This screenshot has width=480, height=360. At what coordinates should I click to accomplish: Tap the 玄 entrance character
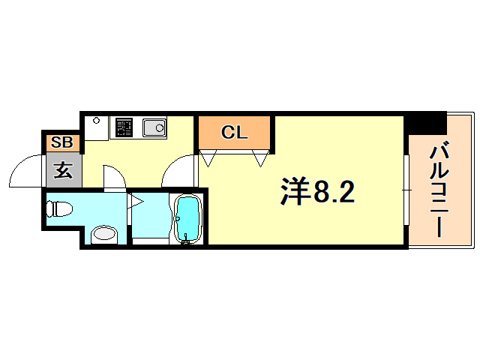pyautogui.click(x=63, y=171)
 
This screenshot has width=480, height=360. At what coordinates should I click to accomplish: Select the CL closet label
pyautogui.click(x=234, y=133)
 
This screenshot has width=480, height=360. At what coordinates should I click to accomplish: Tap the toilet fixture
pyautogui.click(x=60, y=208)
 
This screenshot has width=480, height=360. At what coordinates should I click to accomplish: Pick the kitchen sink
pyautogui.click(x=155, y=128)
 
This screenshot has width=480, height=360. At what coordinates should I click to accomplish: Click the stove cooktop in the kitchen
pyautogui.click(x=123, y=127)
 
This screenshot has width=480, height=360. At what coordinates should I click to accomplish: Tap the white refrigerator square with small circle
pyautogui.click(x=96, y=127)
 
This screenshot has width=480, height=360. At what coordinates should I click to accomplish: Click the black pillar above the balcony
pyautogui.click(x=425, y=122)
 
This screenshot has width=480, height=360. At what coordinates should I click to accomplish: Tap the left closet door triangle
pyautogui.click(x=210, y=157)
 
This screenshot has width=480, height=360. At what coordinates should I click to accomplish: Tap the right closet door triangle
pyautogui.click(x=260, y=157)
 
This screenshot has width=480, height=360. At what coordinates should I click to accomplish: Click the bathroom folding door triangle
pyautogui.click(x=136, y=200)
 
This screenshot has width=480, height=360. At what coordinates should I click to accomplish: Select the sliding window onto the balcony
pyautogui.click(x=406, y=191)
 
